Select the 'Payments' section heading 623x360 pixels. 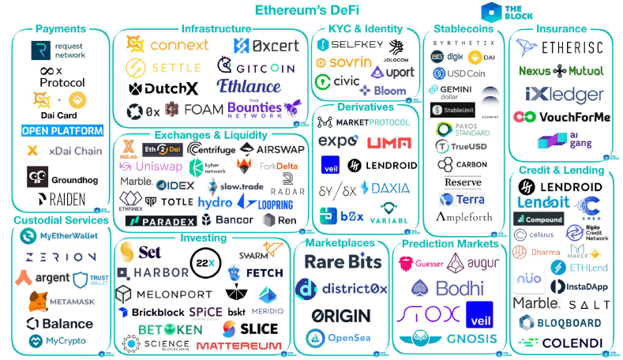[x=61, y=29]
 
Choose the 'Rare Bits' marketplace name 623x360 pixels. [x=343, y=262]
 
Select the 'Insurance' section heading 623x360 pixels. [x=561, y=29]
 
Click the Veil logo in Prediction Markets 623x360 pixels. [x=479, y=314]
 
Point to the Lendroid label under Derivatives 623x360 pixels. [x=388, y=165]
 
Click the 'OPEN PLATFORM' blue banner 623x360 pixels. [x=62, y=130]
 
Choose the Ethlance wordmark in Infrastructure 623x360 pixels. [x=248, y=85]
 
